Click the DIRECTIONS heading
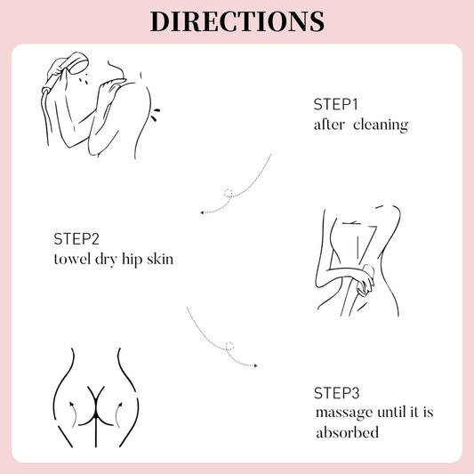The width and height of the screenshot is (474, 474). point(237,21)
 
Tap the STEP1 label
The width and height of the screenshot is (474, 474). point(335,105)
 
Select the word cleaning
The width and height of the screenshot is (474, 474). point(381,125)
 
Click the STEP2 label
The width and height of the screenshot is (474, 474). point(76,239)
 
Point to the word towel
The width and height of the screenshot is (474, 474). point(72,259)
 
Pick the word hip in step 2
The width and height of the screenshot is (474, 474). point(132,260)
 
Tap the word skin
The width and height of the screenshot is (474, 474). point(160,259)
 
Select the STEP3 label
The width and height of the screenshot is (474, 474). point(337,393)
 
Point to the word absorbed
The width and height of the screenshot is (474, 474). point(347,432)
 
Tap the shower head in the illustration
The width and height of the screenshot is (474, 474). point(78,63)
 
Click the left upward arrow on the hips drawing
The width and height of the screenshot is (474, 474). point(73,414)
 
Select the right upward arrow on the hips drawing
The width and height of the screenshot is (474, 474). point(118,414)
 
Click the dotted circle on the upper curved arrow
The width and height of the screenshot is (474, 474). point(229,193)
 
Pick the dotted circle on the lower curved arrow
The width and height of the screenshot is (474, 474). point(229,346)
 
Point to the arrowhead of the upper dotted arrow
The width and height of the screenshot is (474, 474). point(202,213)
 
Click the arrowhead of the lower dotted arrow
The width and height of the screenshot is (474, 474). point(256,366)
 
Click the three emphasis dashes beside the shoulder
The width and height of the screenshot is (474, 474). point(155,114)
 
